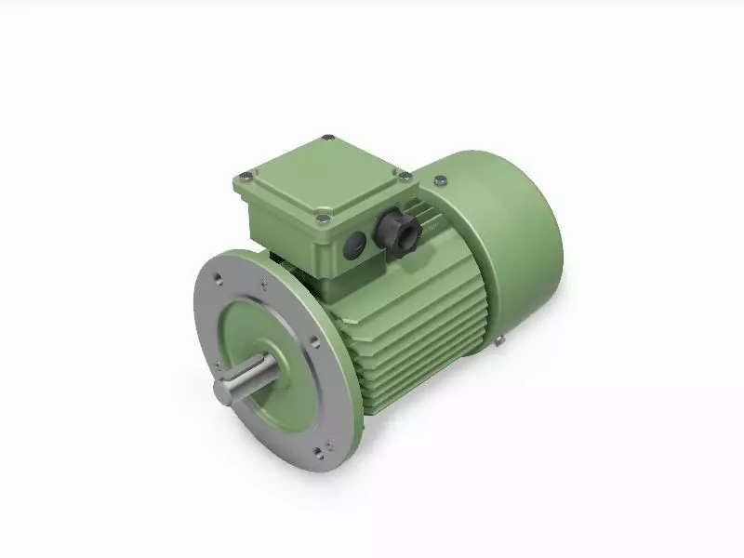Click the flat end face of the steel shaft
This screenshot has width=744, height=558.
tap(223, 392)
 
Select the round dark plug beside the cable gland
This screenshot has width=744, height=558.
tap(355, 246)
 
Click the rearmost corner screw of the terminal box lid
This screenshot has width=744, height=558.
tap(326, 139)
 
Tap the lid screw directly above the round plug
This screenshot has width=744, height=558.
tap(322, 219)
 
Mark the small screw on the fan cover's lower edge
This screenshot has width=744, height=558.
tap(499, 342)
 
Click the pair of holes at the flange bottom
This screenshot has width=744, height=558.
tap(319, 451)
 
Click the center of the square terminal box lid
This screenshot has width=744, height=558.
tap(324, 177)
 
